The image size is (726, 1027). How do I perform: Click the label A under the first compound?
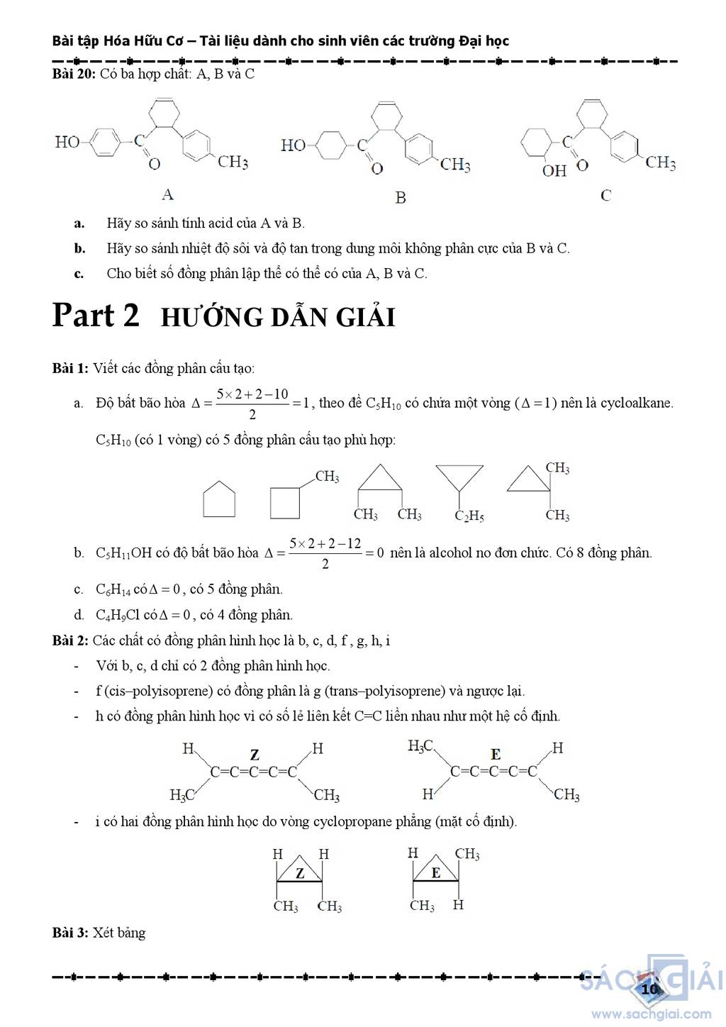click(168, 194)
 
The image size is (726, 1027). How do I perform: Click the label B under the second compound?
click(401, 197)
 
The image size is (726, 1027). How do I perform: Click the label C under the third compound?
click(605, 195)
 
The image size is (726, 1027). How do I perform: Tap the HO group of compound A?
click(67, 142)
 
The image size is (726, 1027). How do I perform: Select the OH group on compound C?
click(554, 171)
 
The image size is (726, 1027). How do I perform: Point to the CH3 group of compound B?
click(455, 165)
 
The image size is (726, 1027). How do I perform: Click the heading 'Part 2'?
click(96, 315)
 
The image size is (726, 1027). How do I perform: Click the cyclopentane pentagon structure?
click(219, 500)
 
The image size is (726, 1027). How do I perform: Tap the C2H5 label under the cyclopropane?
click(469, 516)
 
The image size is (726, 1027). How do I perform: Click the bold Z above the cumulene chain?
click(255, 755)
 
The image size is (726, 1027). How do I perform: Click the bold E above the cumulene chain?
click(496, 755)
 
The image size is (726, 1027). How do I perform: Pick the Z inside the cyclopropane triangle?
click(300, 873)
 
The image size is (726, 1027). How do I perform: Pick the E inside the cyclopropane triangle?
click(436, 873)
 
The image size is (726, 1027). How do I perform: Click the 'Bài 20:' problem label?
click(74, 74)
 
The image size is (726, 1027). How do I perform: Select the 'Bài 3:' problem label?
click(71, 933)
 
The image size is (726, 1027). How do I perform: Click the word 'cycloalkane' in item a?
click(636, 404)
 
